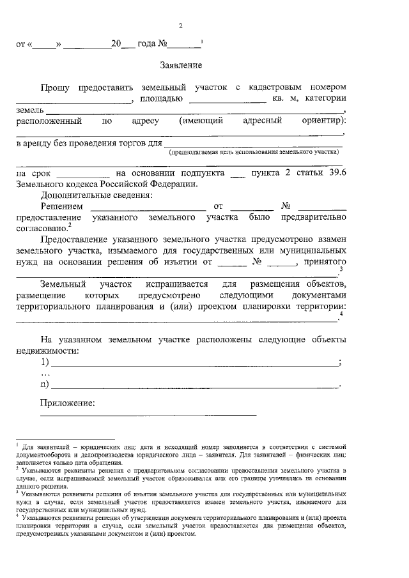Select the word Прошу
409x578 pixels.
point(56,87)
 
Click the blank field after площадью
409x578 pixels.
point(228,100)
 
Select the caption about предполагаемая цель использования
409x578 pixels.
point(252,153)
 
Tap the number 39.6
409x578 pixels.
point(337,173)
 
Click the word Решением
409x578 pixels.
point(61,206)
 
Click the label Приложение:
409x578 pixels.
point(67,403)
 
